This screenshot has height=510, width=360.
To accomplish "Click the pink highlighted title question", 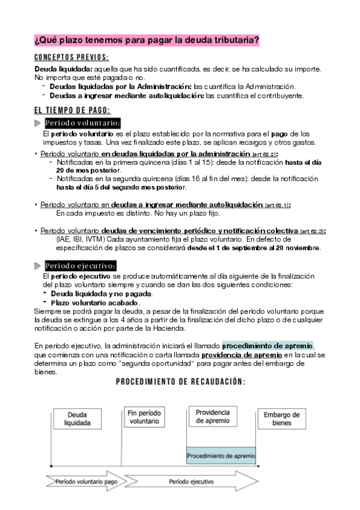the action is pyautogui.click(x=147, y=41).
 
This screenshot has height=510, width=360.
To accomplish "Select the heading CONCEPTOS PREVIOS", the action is pyautogui.click(x=72, y=58).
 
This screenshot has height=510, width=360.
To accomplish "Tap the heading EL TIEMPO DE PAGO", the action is pyautogui.click(x=72, y=110).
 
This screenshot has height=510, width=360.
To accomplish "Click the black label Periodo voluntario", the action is pyautogui.click(x=82, y=123).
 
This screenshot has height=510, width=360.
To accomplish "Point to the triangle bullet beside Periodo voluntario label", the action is pyautogui.click(x=38, y=123).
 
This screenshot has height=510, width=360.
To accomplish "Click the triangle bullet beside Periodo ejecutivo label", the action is pyautogui.click(x=38, y=266).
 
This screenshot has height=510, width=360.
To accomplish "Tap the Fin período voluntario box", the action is pyautogui.click(x=144, y=417).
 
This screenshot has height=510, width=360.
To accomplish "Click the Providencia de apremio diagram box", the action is pyautogui.click(x=213, y=416).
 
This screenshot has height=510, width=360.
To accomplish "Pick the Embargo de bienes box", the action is pyautogui.click(x=281, y=419).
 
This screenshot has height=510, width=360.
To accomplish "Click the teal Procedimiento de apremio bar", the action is pyautogui.click(x=221, y=456).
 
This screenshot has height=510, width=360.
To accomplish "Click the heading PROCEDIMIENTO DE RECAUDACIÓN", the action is pyautogui.click(x=180, y=382).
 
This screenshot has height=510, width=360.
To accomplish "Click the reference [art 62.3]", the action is pyautogui.click(x=312, y=231).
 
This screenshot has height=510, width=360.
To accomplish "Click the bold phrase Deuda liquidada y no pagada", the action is pyautogui.click(x=101, y=293).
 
